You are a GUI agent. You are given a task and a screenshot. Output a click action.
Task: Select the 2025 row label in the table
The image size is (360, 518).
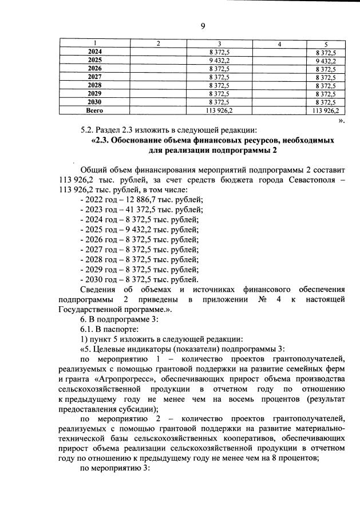point(94,60)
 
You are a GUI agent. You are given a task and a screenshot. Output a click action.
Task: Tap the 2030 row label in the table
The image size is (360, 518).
point(94,101)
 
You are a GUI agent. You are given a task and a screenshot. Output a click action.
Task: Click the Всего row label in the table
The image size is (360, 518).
point(94,109)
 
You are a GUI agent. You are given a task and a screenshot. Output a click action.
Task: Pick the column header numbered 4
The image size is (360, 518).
point(279,44)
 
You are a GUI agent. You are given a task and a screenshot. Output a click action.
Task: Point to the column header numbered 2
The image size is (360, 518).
point(159,44)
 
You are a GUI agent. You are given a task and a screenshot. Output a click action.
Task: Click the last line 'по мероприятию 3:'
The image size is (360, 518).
point(114,469)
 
